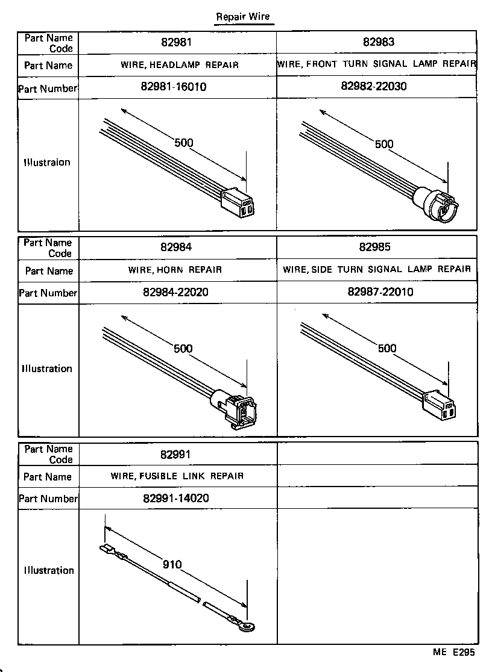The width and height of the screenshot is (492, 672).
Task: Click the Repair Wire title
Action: coord(244,16)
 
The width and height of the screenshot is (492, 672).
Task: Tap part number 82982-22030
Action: coord(374,86)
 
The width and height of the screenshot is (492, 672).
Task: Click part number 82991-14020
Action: coord(177,498)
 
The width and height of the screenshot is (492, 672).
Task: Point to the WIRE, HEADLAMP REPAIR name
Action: coord(180,65)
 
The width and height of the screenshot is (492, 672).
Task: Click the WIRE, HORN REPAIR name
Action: coord(175,270)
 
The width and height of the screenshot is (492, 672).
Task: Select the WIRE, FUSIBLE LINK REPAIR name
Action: coord(177,476)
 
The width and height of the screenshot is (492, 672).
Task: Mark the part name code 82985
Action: coord(376,247)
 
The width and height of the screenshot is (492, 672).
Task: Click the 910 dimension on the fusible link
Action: coord(172,564)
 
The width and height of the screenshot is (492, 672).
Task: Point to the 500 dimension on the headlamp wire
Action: coord(183,143)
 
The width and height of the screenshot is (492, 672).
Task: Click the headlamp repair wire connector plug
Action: coord(239,202)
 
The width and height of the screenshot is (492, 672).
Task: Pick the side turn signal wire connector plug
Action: coord(441,405)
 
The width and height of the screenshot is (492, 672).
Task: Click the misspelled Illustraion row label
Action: coord(47,162)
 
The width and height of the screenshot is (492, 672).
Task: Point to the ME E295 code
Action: coord(453,652)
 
